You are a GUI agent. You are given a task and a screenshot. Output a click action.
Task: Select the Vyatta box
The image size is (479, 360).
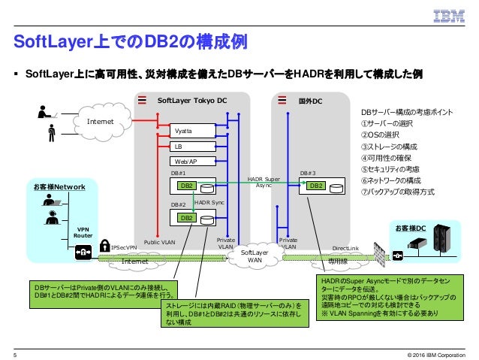click(183, 131)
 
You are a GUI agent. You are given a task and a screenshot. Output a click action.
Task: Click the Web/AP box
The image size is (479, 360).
click(185, 161)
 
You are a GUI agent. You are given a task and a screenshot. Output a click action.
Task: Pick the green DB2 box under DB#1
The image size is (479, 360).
click(184, 186)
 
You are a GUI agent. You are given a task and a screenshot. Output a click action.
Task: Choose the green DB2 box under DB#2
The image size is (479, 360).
click(184, 218)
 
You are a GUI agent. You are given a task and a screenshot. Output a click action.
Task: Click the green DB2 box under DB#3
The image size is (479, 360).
click(316, 186)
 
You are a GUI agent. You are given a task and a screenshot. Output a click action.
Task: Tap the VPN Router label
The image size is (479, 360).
click(83, 232)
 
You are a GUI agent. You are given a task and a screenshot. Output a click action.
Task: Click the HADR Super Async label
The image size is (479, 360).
click(264, 183)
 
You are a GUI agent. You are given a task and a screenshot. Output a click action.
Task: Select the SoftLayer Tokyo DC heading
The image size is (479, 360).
click(191, 100)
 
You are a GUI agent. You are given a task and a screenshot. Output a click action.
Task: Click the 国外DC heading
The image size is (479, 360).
click(310, 100)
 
